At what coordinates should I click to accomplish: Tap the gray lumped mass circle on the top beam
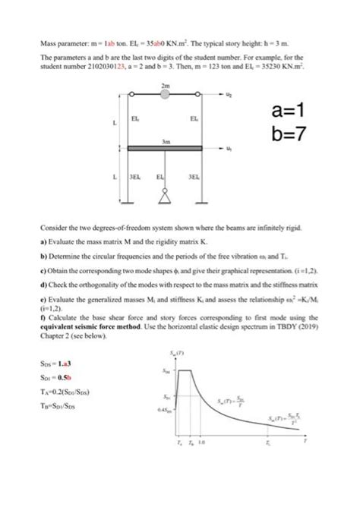click(x=166, y=94)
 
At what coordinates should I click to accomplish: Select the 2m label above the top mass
click(x=166, y=84)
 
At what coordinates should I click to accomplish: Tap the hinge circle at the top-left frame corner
click(x=129, y=94)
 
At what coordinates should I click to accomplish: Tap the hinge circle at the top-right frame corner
click(x=202, y=94)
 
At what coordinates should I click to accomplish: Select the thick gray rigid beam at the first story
click(x=166, y=148)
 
